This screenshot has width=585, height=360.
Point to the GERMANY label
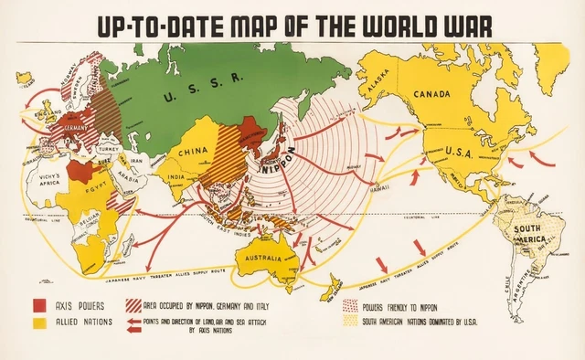pos(77,130)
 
